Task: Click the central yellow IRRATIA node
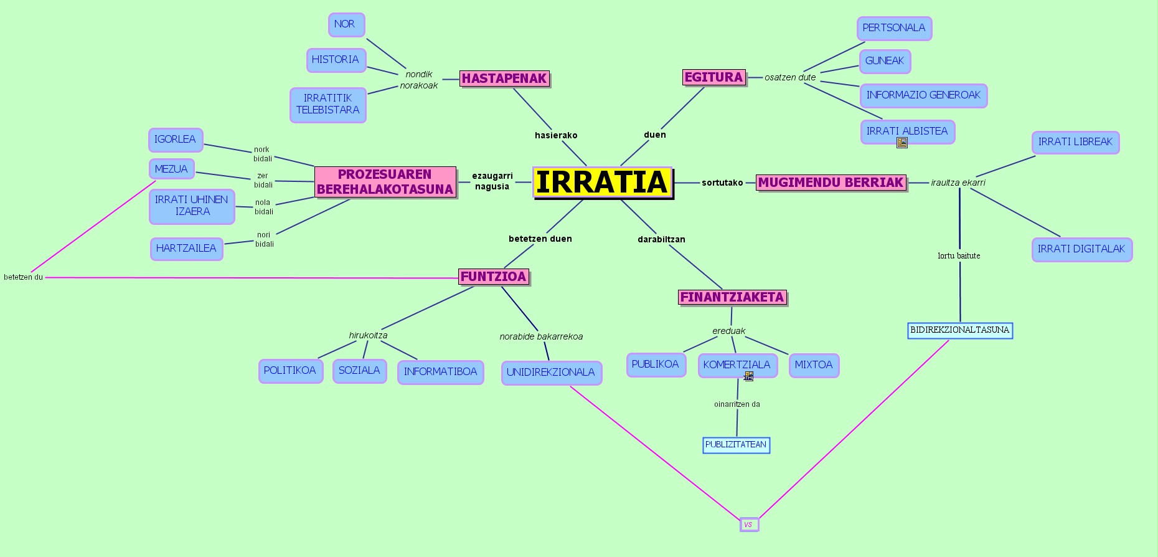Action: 602,183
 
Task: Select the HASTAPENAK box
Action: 504,79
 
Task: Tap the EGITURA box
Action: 714,77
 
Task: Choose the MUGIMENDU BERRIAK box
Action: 831,183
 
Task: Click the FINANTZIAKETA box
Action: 732,297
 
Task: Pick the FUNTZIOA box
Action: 494,277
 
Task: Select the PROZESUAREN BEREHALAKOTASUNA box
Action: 385,182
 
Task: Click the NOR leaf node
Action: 346,24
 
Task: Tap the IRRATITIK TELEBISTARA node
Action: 327,104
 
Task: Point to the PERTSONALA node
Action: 894,28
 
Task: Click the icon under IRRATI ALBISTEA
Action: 902,143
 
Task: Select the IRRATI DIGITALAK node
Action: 1081,249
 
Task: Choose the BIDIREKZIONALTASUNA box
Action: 960,330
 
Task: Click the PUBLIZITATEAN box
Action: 736,445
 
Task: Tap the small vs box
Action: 749,525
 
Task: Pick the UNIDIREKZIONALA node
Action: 551,373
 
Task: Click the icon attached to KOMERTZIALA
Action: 748,376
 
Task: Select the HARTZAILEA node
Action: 186,249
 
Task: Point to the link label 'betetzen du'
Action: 24,277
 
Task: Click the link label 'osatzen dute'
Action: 790,78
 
